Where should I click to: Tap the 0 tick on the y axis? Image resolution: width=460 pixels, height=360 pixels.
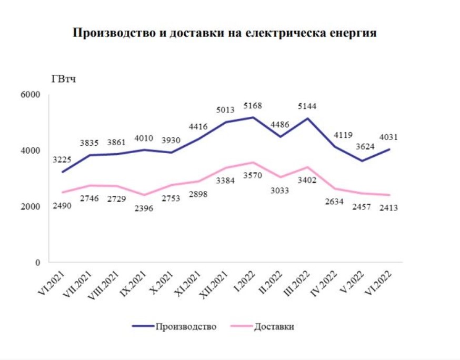pyautogui.click(x=38, y=263)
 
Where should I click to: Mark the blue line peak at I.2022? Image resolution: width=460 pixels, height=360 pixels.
pyautogui.click(x=253, y=117)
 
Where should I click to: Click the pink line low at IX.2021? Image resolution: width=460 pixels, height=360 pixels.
pyautogui.click(x=144, y=195)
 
